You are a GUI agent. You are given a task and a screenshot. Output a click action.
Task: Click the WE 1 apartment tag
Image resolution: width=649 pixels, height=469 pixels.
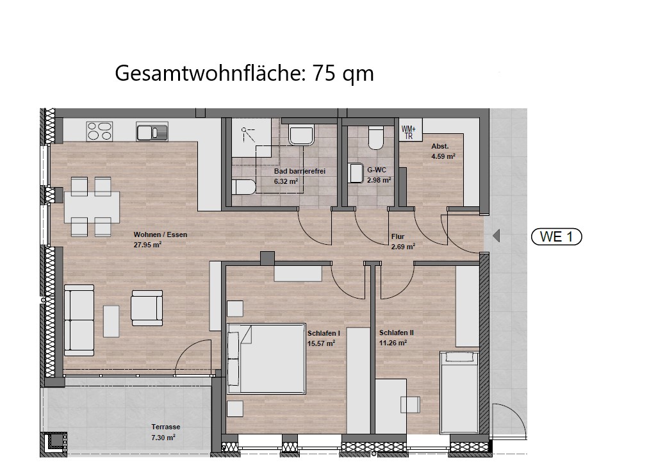(556, 237)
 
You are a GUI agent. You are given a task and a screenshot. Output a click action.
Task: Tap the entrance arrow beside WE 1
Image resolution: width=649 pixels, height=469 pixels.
(497, 236)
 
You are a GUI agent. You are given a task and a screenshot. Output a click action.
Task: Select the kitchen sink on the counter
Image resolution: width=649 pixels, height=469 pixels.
(152, 131)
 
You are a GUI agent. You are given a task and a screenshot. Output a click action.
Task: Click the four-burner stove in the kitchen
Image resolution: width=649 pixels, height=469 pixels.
(99, 131)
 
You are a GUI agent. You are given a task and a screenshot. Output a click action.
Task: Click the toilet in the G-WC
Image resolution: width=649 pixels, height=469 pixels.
(376, 137)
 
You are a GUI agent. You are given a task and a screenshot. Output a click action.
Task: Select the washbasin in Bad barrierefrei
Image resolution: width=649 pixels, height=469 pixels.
(301, 135)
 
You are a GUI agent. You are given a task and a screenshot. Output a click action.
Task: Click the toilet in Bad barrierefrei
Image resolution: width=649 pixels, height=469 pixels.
(243, 186)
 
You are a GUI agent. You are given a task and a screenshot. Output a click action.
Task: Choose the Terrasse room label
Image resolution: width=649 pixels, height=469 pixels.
(165, 427)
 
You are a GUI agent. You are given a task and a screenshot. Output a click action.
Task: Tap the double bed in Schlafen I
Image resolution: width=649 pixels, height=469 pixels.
(267, 358)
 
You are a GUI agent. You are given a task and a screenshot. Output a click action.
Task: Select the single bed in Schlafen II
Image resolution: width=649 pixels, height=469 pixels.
(459, 392)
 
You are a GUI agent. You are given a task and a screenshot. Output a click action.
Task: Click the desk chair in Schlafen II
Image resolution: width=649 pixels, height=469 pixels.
(410, 404)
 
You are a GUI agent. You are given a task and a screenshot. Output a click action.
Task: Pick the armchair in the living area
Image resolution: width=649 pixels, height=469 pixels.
(147, 308)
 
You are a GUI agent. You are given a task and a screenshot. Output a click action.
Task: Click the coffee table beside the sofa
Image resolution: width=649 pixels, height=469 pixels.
(111, 321)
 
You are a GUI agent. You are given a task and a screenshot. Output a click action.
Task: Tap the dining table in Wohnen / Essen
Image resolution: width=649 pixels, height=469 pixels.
(92, 207)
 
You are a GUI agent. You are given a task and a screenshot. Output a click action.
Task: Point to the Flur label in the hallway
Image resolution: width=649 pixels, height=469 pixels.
(398, 237)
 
